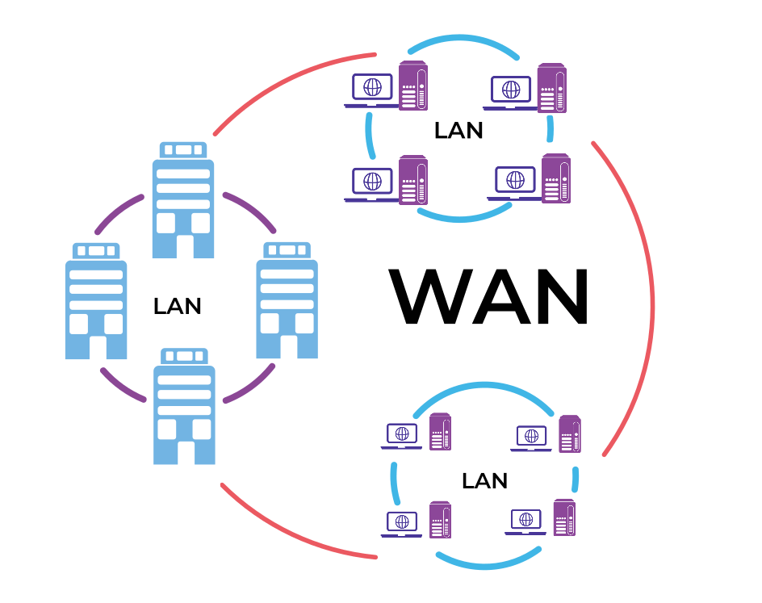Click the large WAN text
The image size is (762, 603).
click(489, 296)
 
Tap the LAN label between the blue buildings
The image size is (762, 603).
click(177, 306)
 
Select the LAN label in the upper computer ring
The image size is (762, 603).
click(458, 130)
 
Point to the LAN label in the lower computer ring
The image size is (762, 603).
click(484, 481)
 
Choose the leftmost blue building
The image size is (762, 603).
click(95, 300)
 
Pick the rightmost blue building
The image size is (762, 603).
click(287, 299)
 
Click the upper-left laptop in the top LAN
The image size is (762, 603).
click(371, 90)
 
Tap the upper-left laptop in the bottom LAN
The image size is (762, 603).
click(402, 437)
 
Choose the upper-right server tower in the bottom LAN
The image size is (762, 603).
click(569, 434)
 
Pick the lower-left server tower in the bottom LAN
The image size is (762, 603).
click(439, 520)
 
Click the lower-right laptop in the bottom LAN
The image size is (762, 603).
click(526, 521)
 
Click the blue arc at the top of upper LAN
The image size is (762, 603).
click(462, 41)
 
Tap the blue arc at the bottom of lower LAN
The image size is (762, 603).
click(489, 563)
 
